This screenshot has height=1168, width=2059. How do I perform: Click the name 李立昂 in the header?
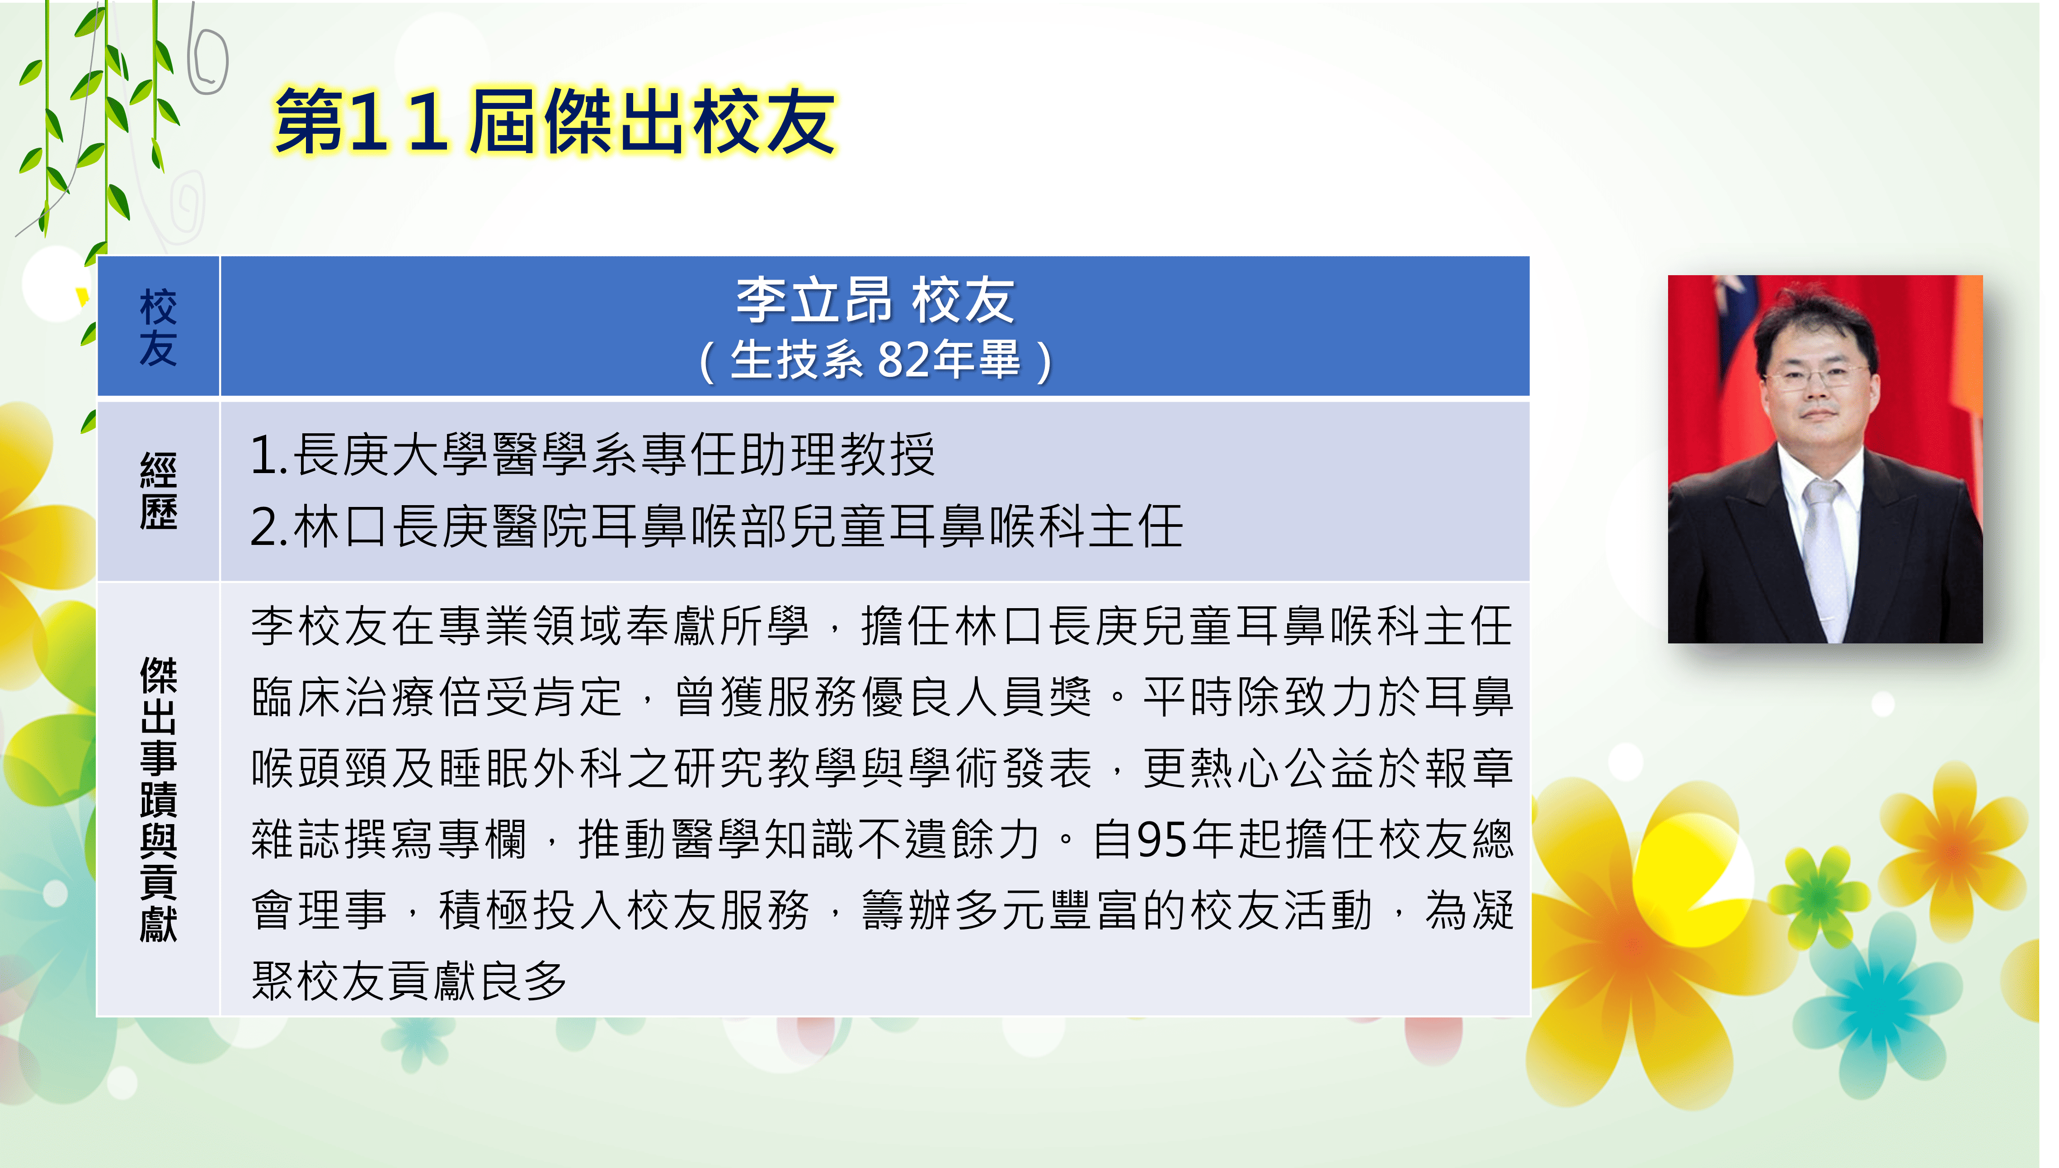click(814, 300)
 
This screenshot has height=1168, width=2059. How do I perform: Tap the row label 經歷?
click(158, 491)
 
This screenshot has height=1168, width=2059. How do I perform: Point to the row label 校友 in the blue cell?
click(158, 327)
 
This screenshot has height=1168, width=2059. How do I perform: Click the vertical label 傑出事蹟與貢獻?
click(158, 799)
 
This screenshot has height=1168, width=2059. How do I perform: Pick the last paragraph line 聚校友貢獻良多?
click(409, 980)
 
